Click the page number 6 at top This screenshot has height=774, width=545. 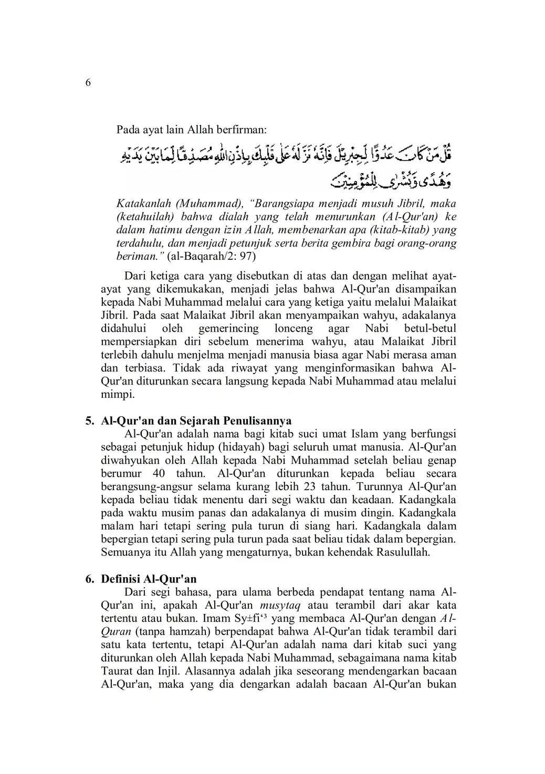(x=88, y=83)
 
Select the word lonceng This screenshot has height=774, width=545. (x=294, y=328)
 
